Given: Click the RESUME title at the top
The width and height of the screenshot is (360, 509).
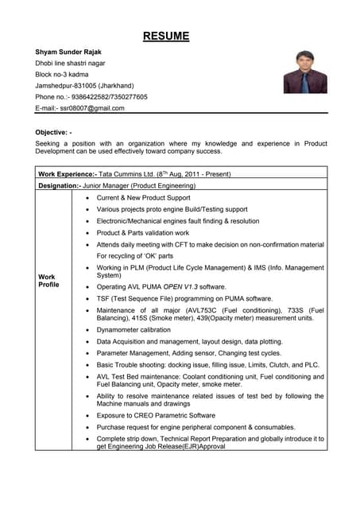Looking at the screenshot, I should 166,36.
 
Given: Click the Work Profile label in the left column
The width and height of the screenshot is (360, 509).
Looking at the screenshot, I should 48,280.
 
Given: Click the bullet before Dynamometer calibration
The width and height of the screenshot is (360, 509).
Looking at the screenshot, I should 87,329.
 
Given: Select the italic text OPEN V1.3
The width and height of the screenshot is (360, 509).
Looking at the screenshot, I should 184,286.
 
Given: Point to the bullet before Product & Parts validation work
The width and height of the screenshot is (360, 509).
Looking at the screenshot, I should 87,233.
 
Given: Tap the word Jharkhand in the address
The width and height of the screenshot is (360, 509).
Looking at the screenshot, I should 120,85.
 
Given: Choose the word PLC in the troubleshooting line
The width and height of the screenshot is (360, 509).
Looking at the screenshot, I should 312,364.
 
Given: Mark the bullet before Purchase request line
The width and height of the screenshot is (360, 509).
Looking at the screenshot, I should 87,427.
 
